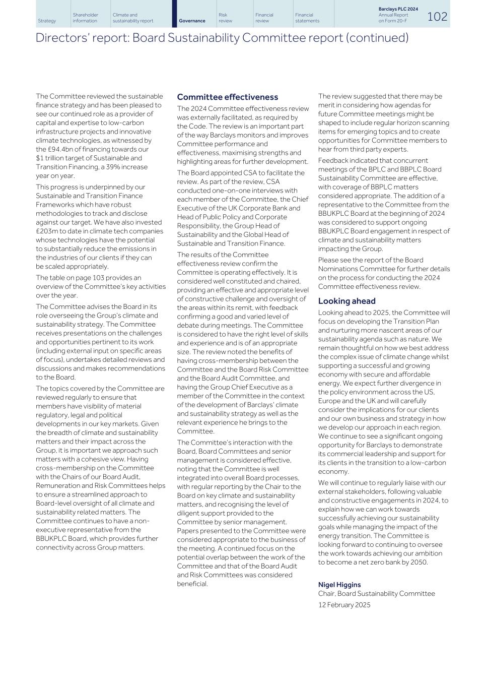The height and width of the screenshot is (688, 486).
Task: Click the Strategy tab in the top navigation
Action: pos(47,21)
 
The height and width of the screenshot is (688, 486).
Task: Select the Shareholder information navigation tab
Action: pos(85,18)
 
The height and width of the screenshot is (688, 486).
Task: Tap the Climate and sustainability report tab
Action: pos(133,18)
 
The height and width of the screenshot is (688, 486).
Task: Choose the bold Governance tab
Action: pos(192,21)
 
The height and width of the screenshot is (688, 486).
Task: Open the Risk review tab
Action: pos(226,18)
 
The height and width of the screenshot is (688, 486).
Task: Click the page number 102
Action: pos(437,17)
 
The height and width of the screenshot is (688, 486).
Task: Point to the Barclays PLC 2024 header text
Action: pos(398,9)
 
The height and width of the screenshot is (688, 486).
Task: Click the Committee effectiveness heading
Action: pos(227,97)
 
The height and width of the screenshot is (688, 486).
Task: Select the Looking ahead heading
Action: pos(346,301)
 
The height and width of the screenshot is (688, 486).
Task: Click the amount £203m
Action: pos(46,231)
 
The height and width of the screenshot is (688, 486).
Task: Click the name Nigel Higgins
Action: pos(339,585)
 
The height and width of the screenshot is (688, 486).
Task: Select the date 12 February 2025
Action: pos(344,605)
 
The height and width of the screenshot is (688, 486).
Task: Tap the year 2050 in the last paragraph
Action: pos(418,562)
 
